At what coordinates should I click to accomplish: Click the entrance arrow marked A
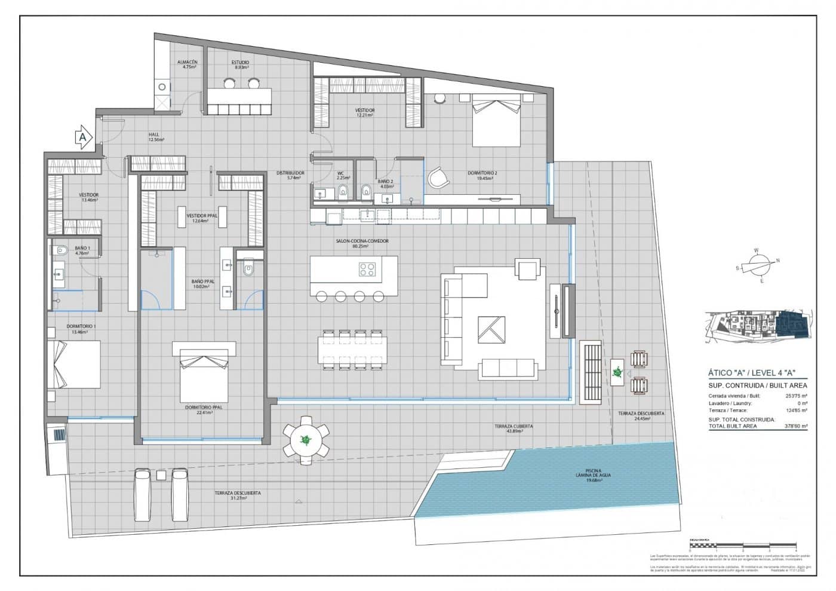(x=83, y=137)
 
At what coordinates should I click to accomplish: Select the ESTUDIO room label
(x=241, y=65)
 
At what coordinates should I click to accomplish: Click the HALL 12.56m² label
(x=156, y=137)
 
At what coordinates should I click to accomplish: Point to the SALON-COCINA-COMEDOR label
(x=362, y=243)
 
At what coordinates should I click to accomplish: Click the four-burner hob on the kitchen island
(x=367, y=270)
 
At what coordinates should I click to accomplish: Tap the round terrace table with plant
(x=306, y=440)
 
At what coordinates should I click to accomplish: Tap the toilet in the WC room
(x=343, y=191)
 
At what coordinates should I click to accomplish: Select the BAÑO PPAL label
(x=203, y=283)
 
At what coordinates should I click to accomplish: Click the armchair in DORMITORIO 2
(x=438, y=177)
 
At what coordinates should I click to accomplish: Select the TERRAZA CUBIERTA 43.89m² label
(x=514, y=428)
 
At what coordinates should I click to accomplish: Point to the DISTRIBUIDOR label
(x=290, y=175)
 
